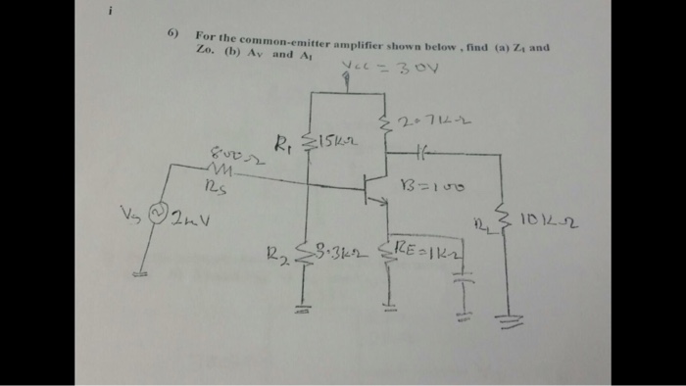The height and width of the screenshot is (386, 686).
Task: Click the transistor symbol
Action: click(371, 188)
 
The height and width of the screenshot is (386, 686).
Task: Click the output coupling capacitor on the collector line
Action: click(422, 153)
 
